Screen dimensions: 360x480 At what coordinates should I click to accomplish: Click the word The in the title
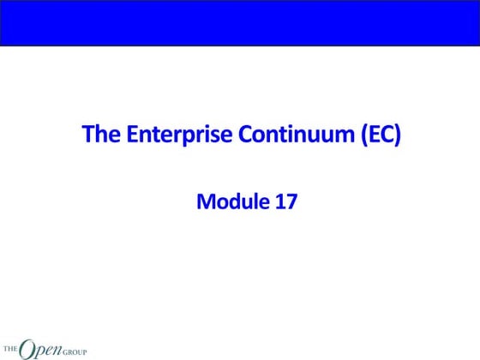coord(97,135)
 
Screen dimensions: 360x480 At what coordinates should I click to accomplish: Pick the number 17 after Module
coord(286,202)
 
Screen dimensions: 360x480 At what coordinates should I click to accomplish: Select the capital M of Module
coord(206,202)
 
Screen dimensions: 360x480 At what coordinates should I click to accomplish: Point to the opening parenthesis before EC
coord(356,135)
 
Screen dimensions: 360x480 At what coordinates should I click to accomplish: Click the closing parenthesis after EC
coord(397,135)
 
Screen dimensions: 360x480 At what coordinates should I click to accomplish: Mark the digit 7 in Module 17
coord(291,202)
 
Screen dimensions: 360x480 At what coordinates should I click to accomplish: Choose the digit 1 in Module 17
coord(280,202)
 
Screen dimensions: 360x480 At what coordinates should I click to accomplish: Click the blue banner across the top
coord(240,22)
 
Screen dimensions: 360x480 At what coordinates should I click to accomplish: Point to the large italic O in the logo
coord(27,347)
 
